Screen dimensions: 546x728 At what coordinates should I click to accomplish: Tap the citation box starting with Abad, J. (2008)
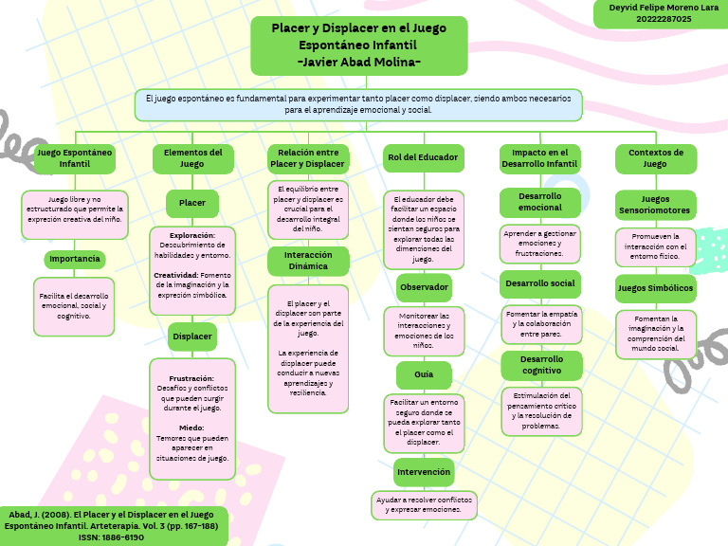[114, 525]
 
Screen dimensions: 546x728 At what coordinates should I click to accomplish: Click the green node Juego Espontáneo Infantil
[75, 158]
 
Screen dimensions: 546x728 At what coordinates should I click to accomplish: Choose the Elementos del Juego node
[192, 158]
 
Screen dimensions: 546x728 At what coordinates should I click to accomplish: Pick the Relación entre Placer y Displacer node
[307, 158]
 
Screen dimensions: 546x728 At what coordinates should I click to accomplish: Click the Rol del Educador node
[423, 157]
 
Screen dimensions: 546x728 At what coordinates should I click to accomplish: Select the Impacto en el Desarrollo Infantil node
[538, 158]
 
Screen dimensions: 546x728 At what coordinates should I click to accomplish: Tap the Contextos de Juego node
[655, 158]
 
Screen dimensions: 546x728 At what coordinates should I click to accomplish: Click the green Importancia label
[75, 259]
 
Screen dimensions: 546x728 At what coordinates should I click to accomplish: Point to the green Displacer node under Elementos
[192, 336]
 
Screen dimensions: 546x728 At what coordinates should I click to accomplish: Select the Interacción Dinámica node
[308, 261]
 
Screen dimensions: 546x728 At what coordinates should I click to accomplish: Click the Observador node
[423, 286]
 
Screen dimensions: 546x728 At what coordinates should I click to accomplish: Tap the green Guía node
[423, 375]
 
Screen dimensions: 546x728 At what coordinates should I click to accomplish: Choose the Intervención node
[423, 471]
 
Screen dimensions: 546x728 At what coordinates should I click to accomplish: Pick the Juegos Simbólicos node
[655, 287]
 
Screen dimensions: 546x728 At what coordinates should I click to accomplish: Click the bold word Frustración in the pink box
[191, 378]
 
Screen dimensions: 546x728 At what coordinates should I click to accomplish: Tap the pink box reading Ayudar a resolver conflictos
[423, 503]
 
